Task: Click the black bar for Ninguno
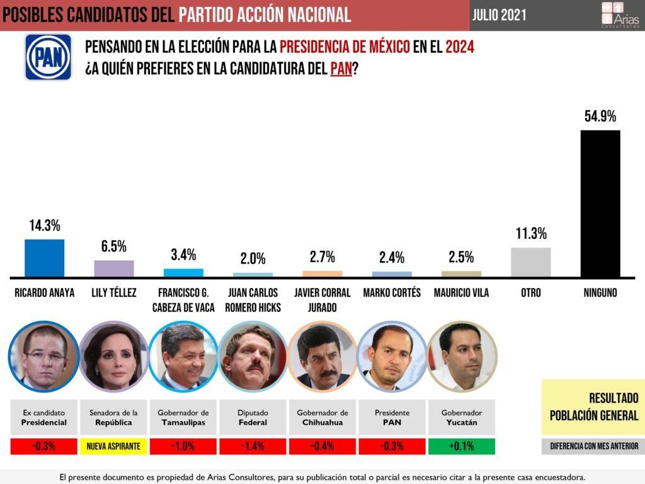click(600, 204)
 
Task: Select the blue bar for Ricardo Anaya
click(44, 258)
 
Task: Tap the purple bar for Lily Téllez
click(114, 268)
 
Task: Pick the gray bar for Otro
click(530, 262)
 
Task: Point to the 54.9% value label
click(600, 117)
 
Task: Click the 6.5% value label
click(114, 246)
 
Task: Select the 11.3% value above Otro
click(530, 234)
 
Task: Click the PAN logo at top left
click(48, 57)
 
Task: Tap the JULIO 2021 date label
click(499, 15)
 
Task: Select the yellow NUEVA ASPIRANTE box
click(114, 447)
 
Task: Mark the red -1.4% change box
click(253, 447)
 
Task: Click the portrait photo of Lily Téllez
click(114, 357)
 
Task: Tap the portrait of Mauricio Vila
click(461, 357)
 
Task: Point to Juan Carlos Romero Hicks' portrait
click(253, 357)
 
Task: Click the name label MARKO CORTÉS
click(392, 293)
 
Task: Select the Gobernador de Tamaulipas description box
click(183, 417)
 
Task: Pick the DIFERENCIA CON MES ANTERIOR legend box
click(593, 446)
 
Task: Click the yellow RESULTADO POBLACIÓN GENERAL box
click(593, 406)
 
